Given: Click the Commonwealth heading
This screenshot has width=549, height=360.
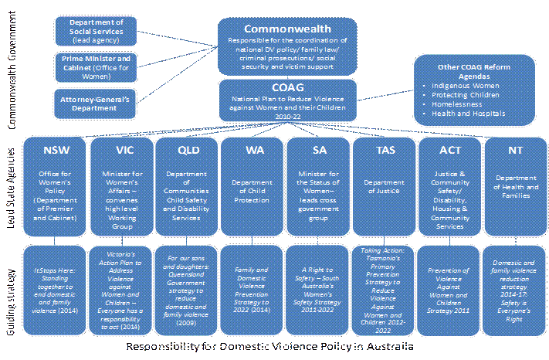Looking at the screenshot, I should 287,29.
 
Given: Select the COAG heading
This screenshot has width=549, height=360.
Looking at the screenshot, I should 287,87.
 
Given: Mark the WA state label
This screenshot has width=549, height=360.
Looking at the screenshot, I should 252,148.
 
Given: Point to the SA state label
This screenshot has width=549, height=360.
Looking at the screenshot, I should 318,148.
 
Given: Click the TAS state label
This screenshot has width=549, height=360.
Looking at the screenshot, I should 384,148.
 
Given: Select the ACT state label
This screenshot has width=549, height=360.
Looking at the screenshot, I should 449,148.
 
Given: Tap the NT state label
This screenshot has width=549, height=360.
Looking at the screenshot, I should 516,148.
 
